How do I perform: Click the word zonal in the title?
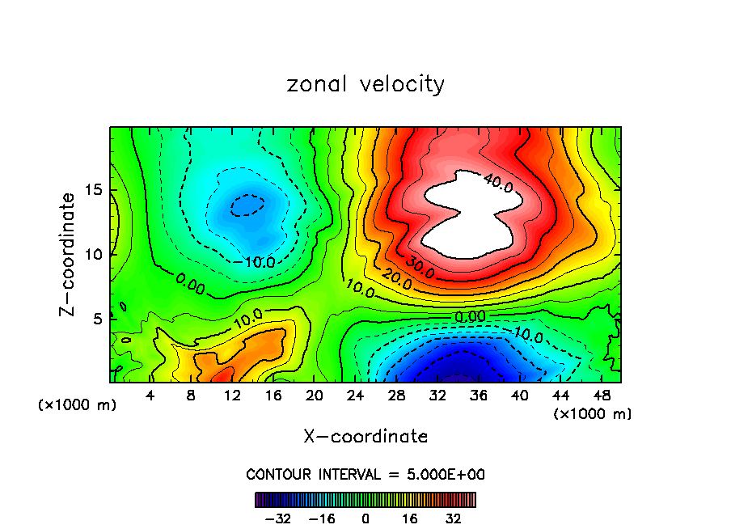point(317,84)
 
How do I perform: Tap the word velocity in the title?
point(401,85)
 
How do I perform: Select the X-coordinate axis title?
point(365,437)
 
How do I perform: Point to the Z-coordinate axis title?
point(68,254)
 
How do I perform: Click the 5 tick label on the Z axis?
point(94,319)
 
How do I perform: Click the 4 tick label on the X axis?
point(150,396)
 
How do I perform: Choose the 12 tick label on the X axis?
point(233,396)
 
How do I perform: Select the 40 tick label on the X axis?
point(520,396)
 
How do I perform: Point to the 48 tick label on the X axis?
point(602,396)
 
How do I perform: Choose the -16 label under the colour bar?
point(322,518)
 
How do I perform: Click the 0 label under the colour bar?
point(365,518)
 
